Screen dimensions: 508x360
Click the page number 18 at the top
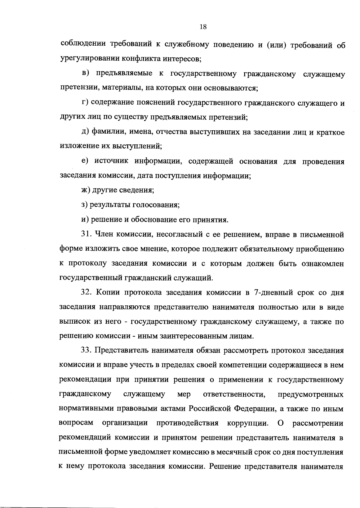pos(203,27)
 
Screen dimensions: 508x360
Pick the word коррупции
pos(247,423)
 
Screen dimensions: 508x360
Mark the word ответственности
pos(234,394)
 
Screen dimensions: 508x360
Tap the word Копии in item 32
pos(109,292)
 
